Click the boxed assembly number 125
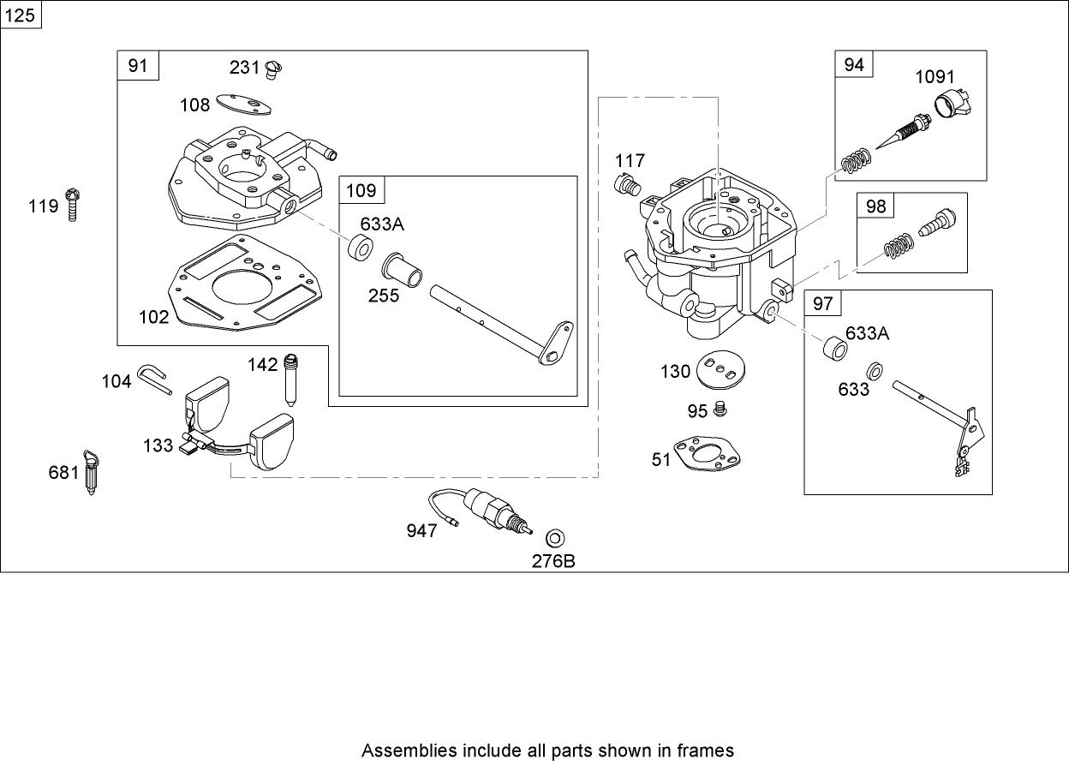21,15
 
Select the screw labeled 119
75,205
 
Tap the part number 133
158,446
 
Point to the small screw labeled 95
721,409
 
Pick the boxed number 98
876,206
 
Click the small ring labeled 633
876,371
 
